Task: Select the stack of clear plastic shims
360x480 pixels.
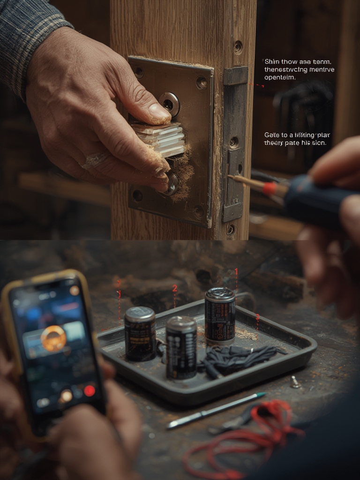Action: click(158, 139)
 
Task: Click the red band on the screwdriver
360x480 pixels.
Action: click(269, 189)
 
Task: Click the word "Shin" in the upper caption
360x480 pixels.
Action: click(272, 62)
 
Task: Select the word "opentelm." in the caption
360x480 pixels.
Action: click(280, 78)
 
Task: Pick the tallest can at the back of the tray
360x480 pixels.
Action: click(220, 316)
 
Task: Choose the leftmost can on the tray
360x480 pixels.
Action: click(140, 334)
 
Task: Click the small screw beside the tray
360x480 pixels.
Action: click(295, 382)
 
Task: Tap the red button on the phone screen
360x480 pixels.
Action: click(90, 390)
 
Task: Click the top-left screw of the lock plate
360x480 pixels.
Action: click(139, 72)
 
